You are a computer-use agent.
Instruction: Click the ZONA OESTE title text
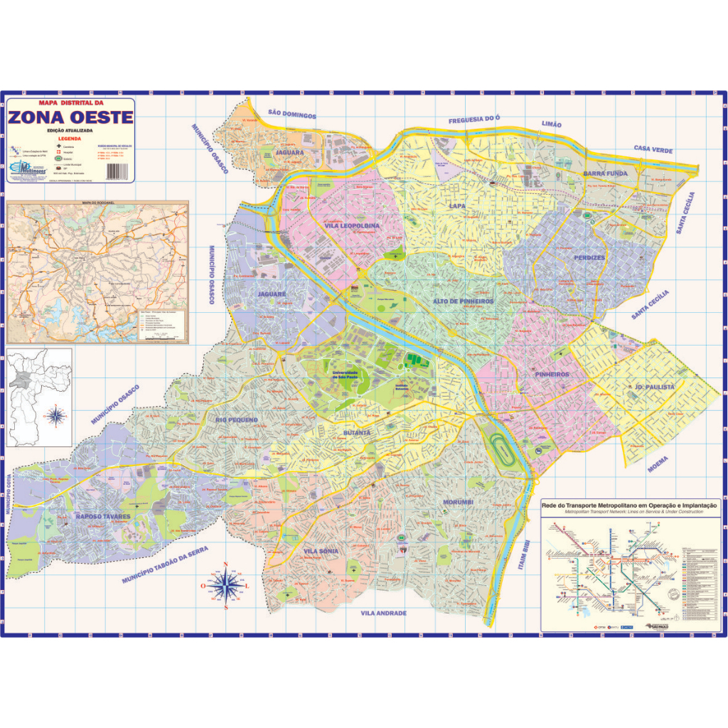71,117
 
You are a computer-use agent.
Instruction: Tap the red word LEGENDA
69,139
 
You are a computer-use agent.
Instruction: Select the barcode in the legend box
114,171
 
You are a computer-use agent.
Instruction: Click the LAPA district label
457,206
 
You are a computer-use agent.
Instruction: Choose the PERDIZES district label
590,257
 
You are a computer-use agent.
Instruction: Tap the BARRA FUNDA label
605,173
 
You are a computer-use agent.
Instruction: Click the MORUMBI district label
459,503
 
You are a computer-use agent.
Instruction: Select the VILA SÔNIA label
321,551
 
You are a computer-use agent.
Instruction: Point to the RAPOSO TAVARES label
103,516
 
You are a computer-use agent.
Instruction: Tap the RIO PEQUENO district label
237,420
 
